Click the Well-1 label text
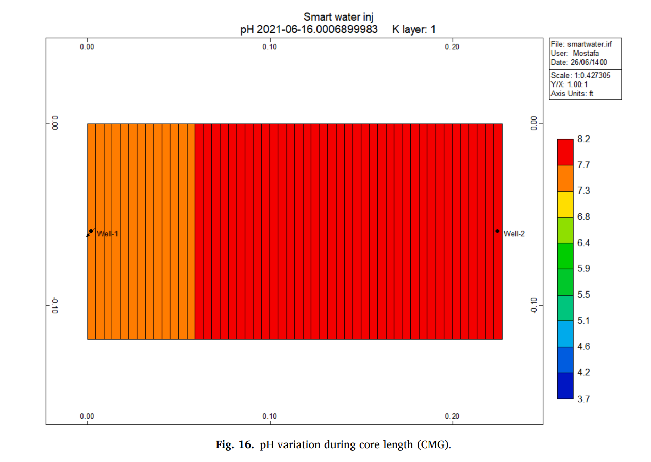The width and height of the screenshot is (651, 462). coord(108,234)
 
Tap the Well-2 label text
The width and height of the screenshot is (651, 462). coord(514,234)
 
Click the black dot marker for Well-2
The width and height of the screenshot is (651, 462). coord(497,231)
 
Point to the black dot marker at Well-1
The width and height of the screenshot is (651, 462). coord(91,231)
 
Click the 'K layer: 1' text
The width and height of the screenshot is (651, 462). coord(414,30)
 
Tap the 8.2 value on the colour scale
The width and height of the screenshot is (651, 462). coord(583,139)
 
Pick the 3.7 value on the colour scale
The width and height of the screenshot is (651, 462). coord(583,399)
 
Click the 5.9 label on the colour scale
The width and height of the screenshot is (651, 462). coord(583,269)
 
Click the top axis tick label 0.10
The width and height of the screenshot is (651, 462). coord(270,47)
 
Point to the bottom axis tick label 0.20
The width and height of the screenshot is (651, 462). coord(452,416)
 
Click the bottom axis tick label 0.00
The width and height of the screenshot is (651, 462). coord(87,416)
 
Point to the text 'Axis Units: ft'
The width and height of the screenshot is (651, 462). coord(572,93)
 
